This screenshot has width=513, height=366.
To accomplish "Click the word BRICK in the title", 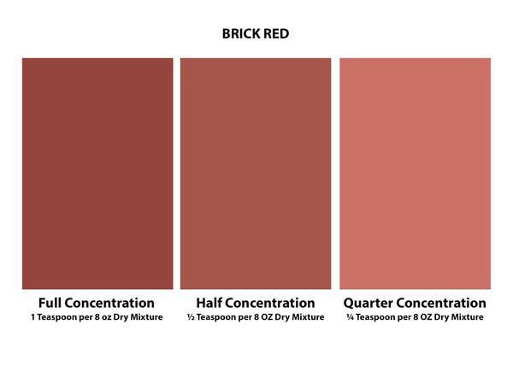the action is [241, 33].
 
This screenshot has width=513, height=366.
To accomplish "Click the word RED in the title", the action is [276, 33].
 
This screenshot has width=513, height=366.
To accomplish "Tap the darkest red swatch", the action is [97, 174].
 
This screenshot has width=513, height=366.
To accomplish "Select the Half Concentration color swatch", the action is [256, 174].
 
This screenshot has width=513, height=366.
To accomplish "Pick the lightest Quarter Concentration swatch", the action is [416, 174].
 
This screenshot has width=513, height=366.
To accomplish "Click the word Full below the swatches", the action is [50, 303].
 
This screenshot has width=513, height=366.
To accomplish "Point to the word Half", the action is [209, 303].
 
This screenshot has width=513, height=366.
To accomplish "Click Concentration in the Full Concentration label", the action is [109, 303].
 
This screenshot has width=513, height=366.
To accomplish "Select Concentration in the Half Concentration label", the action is [270, 303].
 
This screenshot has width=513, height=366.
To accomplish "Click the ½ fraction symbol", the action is [191, 317].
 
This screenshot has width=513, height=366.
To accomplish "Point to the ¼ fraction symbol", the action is [350, 317].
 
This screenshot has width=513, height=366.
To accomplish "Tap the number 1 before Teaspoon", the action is [33, 317].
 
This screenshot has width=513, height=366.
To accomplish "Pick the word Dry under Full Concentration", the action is [121, 317].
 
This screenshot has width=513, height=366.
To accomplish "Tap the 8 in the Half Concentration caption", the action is [256, 317].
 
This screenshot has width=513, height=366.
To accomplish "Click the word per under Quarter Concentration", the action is [405, 318].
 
